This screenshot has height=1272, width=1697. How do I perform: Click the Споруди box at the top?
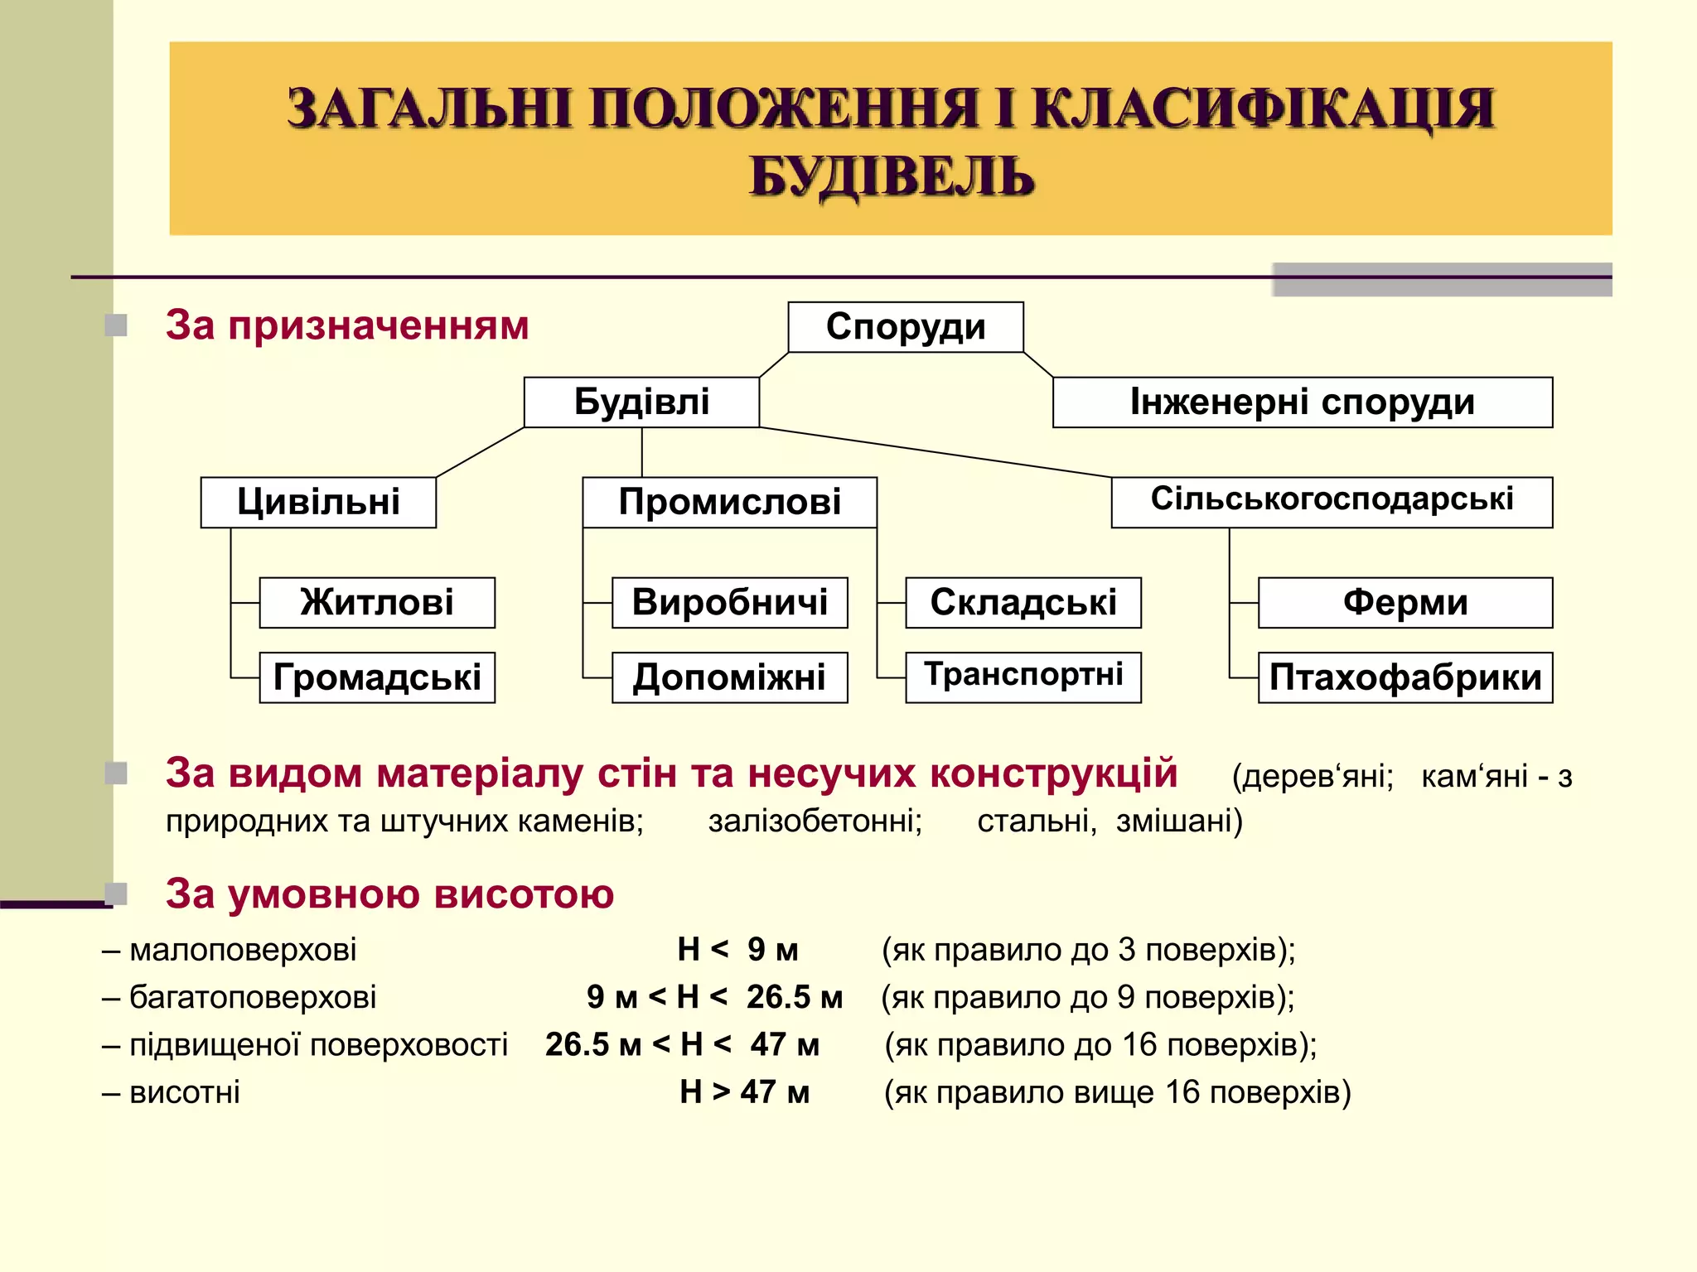[x=906, y=327]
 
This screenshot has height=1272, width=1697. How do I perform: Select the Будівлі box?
[x=641, y=402]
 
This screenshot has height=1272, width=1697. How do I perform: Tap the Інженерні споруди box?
[x=1302, y=402]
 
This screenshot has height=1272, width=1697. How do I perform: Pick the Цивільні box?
[x=318, y=503]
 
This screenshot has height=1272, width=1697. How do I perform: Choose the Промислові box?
[x=729, y=503]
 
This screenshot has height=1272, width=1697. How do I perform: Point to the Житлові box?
[x=377, y=603]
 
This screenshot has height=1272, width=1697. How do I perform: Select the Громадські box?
[x=377, y=677]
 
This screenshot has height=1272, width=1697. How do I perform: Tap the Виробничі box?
[x=729, y=603]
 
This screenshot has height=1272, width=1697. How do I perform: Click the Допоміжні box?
[x=729, y=677]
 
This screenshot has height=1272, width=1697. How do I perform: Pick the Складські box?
[x=1023, y=603]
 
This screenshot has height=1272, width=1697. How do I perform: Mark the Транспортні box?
[x=1023, y=676]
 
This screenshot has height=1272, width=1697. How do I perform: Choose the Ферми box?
[x=1405, y=603]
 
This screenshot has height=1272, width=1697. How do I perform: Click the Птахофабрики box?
[x=1405, y=677]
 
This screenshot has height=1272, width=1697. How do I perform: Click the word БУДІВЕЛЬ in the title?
[x=892, y=176]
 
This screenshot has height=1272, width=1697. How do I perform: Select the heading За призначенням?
[x=347, y=325]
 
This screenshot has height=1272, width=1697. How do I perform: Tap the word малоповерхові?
[x=243, y=950]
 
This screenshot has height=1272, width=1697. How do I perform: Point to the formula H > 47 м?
[x=744, y=1092]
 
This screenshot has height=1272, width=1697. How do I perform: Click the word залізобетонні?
[x=815, y=821]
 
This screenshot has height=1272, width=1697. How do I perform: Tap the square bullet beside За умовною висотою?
[x=117, y=894]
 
